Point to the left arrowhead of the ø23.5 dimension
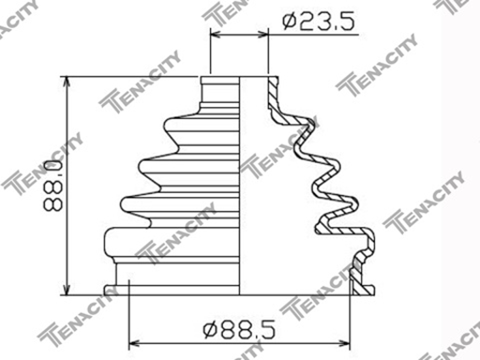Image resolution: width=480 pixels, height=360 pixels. coord(216,35)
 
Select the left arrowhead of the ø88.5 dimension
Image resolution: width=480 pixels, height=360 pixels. coord(131,340)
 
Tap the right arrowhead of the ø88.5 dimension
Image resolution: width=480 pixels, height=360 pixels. coord(348,340)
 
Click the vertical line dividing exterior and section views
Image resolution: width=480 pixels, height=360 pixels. coord(242,187)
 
